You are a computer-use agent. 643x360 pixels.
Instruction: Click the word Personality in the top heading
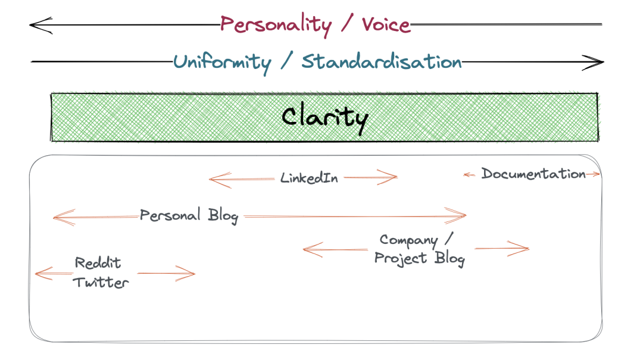(276, 25)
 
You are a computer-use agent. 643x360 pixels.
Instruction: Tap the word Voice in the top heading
(386, 24)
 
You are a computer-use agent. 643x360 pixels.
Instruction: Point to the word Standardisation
(382, 61)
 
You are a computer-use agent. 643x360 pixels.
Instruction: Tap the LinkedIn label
(309, 178)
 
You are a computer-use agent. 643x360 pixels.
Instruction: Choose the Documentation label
(533, 174)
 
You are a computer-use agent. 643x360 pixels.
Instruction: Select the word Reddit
(98, 263)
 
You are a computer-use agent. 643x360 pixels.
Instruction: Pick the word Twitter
(101, 282)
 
